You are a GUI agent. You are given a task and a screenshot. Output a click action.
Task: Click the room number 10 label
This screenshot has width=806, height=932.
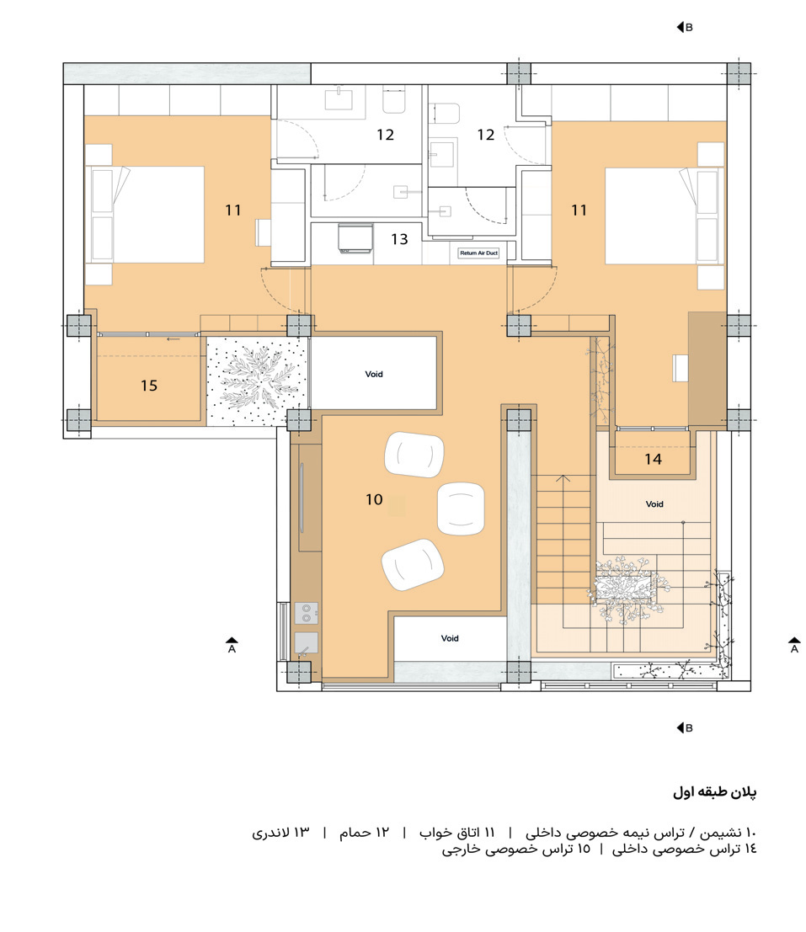[x=374, y=499]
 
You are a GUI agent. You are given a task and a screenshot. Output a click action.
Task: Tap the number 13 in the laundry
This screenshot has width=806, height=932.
[x=399, y=239]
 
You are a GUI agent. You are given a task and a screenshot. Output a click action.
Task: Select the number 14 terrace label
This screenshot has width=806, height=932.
[x=653, y=460]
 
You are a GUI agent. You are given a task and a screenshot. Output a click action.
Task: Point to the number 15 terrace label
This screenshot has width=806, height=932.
[x=148, y=386]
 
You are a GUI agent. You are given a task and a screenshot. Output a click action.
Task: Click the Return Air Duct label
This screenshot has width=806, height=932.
[x=478, y=253]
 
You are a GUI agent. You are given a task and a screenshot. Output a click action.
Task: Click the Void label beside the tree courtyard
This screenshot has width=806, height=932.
[x=374, y=374]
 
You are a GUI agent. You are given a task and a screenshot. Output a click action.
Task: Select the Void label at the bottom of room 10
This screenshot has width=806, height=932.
[x=450, y=638]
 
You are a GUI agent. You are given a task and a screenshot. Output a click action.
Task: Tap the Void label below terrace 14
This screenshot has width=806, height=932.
[x=654, y=504]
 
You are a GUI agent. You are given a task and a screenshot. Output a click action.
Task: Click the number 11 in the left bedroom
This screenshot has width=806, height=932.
[x=233, y=210]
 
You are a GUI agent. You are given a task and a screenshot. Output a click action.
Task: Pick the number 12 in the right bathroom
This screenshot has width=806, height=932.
[x=485, y=135]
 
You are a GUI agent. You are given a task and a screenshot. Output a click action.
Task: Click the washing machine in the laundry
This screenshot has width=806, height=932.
[x=355, y=237]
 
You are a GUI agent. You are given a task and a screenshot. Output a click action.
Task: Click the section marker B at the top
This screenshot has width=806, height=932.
[x=684, y=27]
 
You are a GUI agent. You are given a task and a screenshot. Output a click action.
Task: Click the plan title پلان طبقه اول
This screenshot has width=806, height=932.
[x=715, y=792]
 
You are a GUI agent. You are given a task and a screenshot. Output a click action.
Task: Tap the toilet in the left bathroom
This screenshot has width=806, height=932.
[x=394, y=102]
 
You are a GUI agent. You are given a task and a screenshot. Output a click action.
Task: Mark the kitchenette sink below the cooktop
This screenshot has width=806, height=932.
[x=306, y=642]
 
